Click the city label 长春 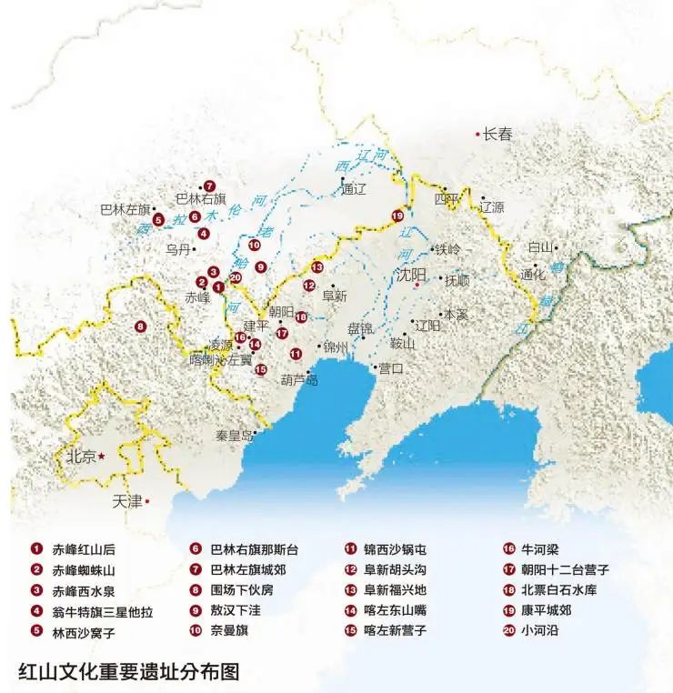(x=497, y=135)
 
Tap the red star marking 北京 (x=102, y=456)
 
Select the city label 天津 (x=126, y=501)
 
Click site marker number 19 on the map (x=397, y=216)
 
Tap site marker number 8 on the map (x=140, y=326)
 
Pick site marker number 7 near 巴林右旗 (x=209, y=186)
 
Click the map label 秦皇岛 (x=234, y=436)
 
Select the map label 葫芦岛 (x=299, y=380)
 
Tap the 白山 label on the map (x=539, y=247)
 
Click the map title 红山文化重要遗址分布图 (x=128, y=671)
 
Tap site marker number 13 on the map (x=317, y=267)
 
